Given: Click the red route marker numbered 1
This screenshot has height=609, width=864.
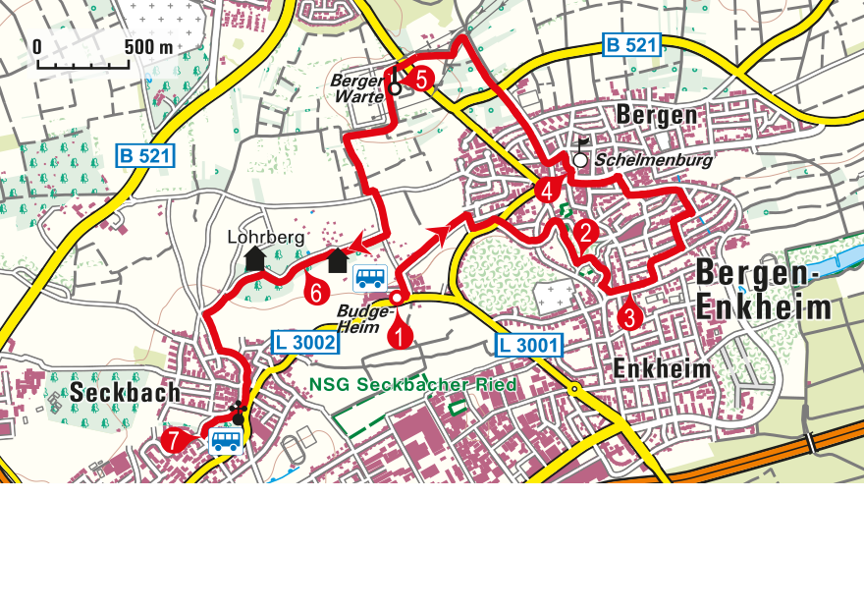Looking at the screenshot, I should (x=400, y=336).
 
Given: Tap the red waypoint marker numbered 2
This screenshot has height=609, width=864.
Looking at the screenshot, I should (x=585, y=233).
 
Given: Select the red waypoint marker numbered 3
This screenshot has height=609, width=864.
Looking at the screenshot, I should (x=629, y=316).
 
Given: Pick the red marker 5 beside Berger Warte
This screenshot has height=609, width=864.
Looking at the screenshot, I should (x=421, y=81).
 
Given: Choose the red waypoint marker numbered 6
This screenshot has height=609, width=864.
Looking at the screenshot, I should (x=314, y=291).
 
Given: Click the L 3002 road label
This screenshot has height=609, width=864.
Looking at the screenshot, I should (x=304, y=342).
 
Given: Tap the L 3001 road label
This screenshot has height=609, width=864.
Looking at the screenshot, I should (x=528, y=345).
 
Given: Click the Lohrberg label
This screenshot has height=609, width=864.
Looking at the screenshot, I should (x=266, y=237).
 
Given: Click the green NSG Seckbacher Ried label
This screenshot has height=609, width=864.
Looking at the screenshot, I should (x=412, y=385).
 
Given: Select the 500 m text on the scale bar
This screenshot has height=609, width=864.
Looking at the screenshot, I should (x=148, y=47).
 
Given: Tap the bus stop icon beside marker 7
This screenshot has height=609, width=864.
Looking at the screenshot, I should (x=226, y=441).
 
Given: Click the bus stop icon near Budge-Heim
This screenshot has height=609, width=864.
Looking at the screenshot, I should (x=370, y=278).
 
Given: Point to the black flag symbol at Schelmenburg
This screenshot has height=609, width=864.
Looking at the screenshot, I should (x=583, y=142).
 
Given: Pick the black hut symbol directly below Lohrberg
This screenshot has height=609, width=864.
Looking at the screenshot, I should (x=255, y=258).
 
